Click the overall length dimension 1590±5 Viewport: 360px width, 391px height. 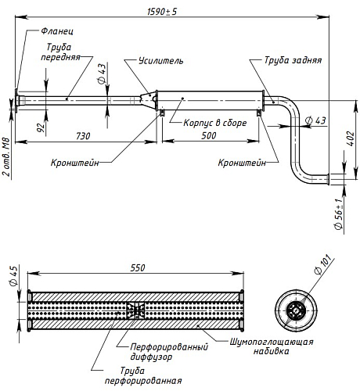click(162, 12)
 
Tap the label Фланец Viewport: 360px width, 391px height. click(57, 31)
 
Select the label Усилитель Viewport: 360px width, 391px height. click(161, 61)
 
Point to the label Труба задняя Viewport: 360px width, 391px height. click(293, 60)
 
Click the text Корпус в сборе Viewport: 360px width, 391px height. click(215, 123)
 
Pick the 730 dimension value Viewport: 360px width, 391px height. click(83, 136)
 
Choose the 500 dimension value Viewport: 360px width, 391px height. click(209, 135)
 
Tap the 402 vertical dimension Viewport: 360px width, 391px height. click(351, 138)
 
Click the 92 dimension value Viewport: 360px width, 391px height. click(41, 127)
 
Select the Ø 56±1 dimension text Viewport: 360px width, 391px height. click(338, 214)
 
